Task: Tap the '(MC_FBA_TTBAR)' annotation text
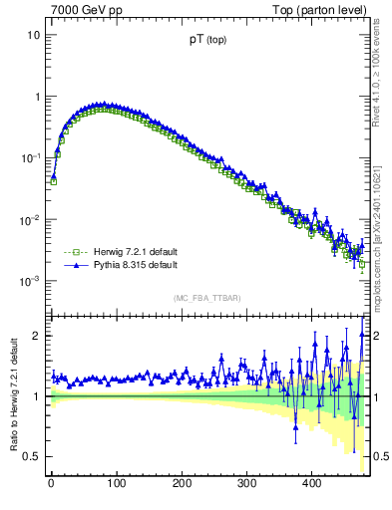(206, 299)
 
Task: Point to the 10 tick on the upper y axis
(33, 35)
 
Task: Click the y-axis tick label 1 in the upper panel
(36, 97)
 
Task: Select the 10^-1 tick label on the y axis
(29, 158)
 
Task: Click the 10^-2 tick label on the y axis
(29, 220)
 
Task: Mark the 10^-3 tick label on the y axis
(29, 282)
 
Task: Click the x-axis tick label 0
(51, 484)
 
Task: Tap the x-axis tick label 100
(116, 484)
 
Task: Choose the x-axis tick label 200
(182, 484)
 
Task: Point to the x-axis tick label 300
(246, 484)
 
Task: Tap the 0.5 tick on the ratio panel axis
(31, 456)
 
